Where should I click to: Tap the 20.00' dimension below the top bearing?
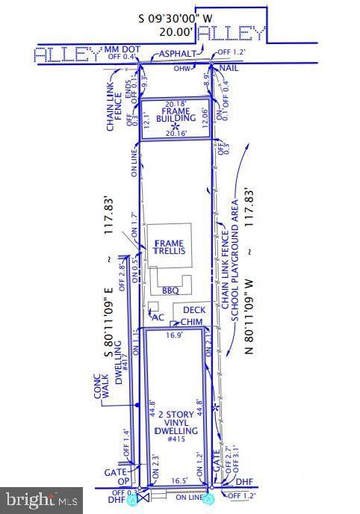pos(176,31)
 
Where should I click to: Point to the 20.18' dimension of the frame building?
pos(176,104)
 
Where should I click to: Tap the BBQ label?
pos(170,290)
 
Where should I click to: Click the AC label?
pos(158,316)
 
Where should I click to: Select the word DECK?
pos(193,309)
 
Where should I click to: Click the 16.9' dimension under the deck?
pos(173,335)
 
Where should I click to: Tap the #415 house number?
pos(176,440)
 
